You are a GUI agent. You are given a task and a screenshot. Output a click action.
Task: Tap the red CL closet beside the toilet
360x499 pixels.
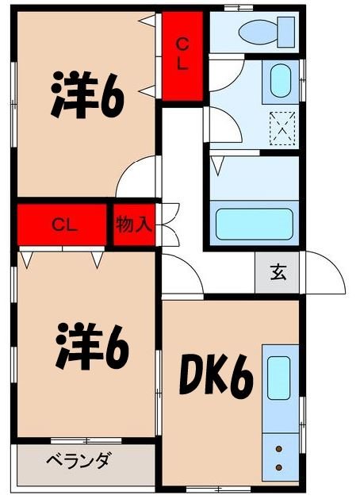point(182,56)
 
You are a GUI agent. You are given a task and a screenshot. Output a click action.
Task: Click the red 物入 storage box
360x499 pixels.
point(133,225)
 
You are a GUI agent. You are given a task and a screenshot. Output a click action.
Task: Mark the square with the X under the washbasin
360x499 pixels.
point(282,128)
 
